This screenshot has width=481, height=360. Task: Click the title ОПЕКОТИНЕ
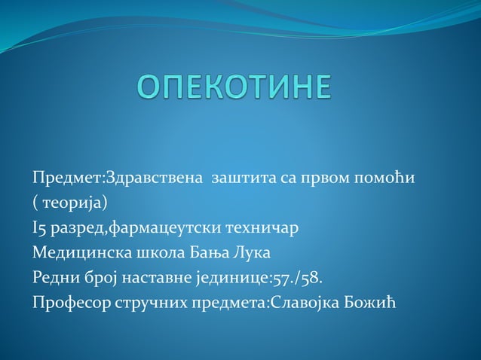(x=234, y=87)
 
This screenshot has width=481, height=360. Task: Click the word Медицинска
(x=78, y=252)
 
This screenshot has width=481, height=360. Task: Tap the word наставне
(x=151, y=277)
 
